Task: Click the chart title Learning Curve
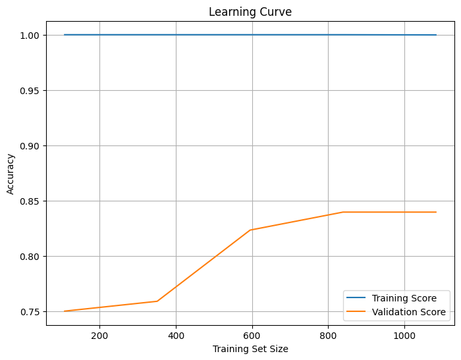pyautogui.click(x=250, y=12)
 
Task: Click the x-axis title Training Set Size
pyautogui.click(x=250, y=349)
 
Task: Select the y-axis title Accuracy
pyautogui.click(x=11, y=174)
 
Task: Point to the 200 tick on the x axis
pyautogui.click(x=99, y=335)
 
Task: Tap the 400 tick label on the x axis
pyautogui.click(x=176, y=335)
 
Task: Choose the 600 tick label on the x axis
pyautogui.click(x=252, y=335)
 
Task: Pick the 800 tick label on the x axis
pyautogui.click(x=328, y=335)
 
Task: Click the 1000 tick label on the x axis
pyautogui.click(x=404, y=335)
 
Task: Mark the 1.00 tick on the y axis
pyautogui.click(x=30, y=35)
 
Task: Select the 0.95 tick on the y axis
pyautogui.click(x=30, y=90)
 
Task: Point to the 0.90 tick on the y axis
pyautogui.click(x=30, y=145)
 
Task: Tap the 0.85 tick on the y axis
pyautogui.click(x=30, y=201)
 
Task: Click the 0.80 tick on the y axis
pyautogui.click(x=30, y=256)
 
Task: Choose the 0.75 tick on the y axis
pyautogui.click(x=30, y=311)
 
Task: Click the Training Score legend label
pyautogui.click(x=409, y=298)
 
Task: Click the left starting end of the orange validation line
pyautogui.click(x=65, y=311)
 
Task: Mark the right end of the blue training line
pyautogui.click(x=436, y=35)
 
